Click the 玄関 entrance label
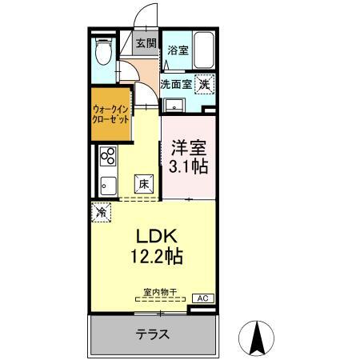pos(146,44)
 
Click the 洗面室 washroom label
pos(176,82)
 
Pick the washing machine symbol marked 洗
pos(204,82)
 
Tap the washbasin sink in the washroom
pos(172,105)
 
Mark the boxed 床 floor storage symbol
pos(143,182)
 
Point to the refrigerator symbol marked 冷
pos(102,213)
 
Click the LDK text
pos(151,238)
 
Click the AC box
pos(202,298)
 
